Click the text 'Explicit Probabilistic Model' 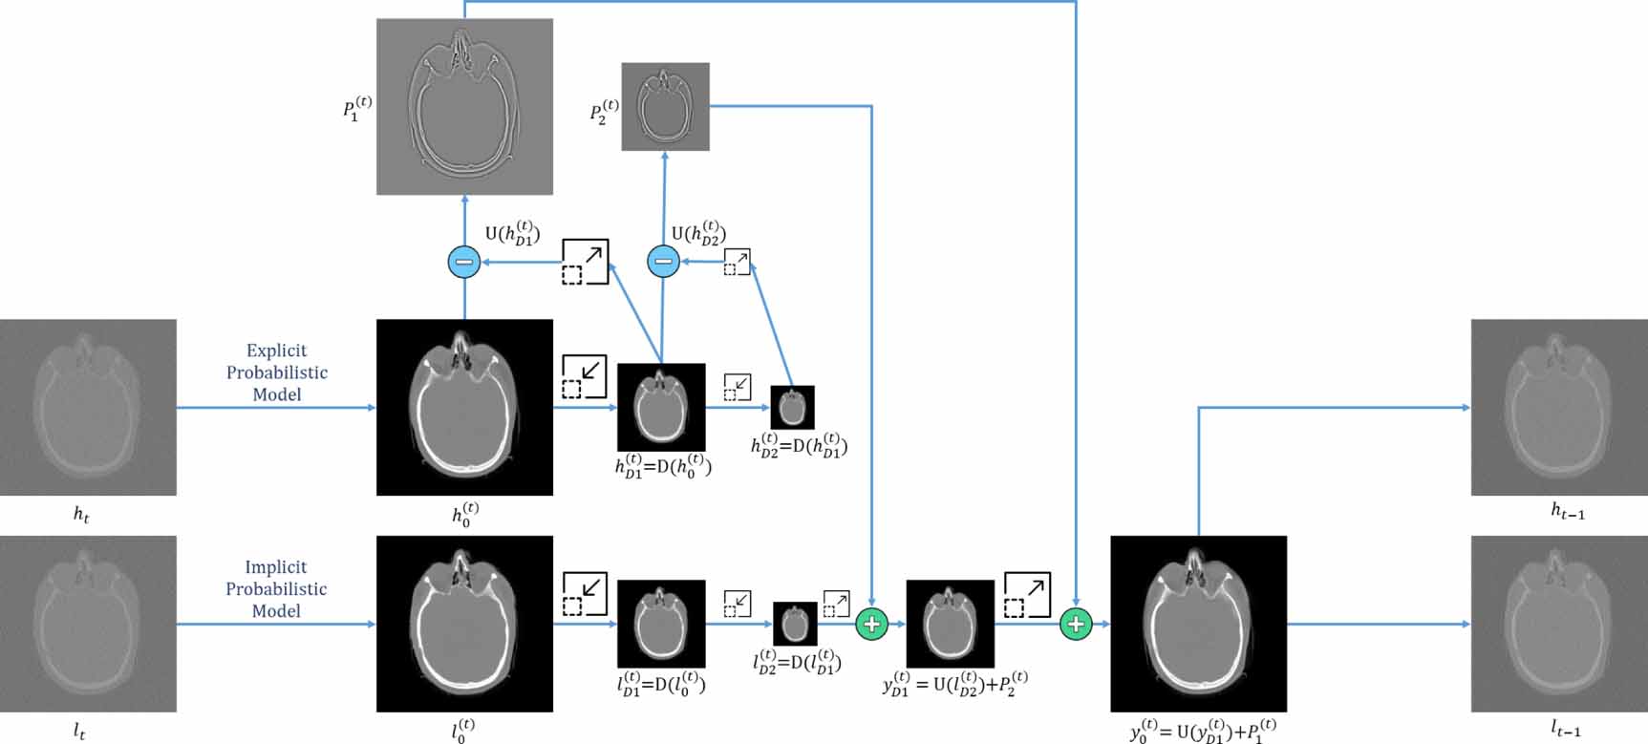coord(277,372)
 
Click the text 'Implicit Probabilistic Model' coord(276,588)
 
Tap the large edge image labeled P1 coord(464,106)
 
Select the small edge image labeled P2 coord(665,107)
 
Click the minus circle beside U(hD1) coord(464,262)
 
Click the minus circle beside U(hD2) coord(664,262)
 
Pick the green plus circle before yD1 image coord(871,625)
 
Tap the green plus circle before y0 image coord(1076,625)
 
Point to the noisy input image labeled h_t coord(88,407)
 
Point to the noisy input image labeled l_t coord(88,624)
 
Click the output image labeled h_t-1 coord(1559,407)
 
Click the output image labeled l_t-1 coord(1559,624)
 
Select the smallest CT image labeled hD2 coord(792,408)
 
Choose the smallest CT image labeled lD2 coord(795,625)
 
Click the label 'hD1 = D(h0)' coord(663,465)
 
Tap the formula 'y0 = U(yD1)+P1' coord(1202,731)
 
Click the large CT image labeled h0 coord(464,407)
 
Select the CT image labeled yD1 coord(950,624)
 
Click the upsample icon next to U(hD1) coord(585,263)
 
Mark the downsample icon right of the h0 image coord(585,376)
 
